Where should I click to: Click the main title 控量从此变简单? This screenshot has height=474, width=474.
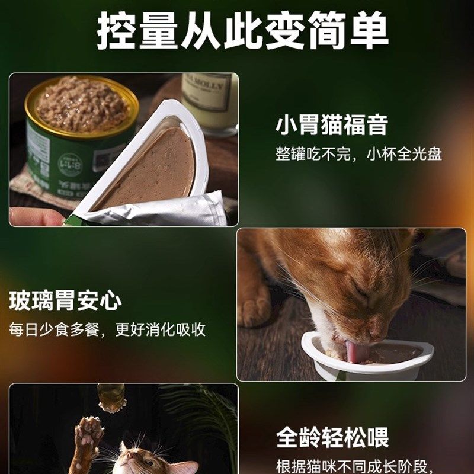point(242,31)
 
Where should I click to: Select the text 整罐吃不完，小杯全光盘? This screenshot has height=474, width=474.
point(358,153)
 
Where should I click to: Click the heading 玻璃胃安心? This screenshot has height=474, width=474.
point(65,301)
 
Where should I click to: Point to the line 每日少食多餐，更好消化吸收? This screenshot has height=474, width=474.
point(107,329)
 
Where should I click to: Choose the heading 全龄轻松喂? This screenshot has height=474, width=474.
point(332,438)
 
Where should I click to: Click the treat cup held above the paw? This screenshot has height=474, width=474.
point(111,396)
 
